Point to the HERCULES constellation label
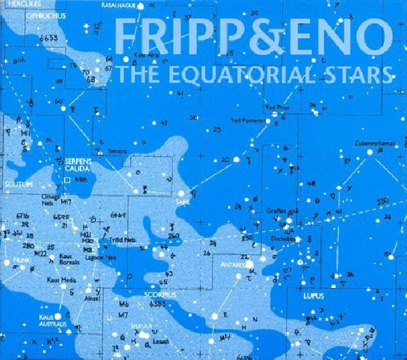17,3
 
